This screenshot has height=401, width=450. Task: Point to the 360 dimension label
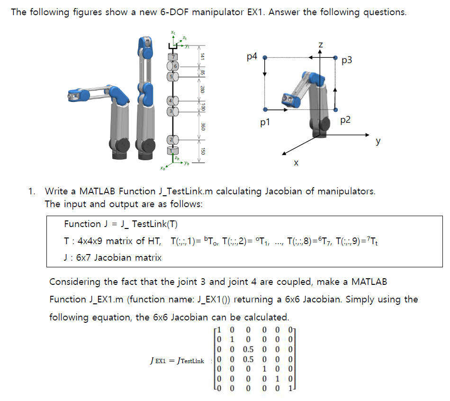(x=202, y=127)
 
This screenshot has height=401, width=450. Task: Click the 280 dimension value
(x=202, y=88)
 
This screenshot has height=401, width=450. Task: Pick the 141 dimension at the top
(x=202, y=56)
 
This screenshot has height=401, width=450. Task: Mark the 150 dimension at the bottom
(x=202, y=151)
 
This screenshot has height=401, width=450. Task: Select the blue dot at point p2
(x=335, y=109)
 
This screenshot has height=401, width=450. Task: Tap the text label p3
(x=347, y=60)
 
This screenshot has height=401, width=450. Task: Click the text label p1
(x=265, y=122)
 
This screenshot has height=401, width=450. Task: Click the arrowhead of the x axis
(x=283, y=154)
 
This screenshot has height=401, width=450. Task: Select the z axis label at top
(x=321, y=44)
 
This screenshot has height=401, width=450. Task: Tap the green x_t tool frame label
(x=173, y=33)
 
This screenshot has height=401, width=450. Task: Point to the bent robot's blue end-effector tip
(x=72, y=95)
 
